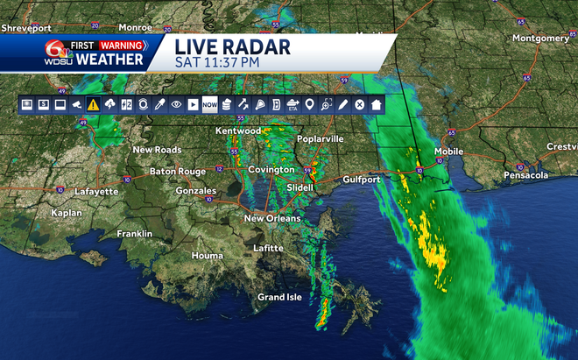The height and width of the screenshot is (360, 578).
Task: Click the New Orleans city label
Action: pos(271,218)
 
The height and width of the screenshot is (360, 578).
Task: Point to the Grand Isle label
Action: pos(279,297)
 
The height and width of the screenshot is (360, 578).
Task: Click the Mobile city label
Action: pos(449,151)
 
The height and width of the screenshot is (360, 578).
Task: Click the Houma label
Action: pos(208,256)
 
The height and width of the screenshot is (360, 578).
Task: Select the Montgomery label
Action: pos(540,39)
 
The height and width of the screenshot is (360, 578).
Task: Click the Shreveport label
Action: pos(25,28)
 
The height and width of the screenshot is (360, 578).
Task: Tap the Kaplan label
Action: pos(41,213)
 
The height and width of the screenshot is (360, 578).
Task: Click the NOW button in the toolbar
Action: pos(209,104)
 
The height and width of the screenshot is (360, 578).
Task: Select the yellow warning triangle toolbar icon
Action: pos(93,104)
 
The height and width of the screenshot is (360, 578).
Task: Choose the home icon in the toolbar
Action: pos(376,104)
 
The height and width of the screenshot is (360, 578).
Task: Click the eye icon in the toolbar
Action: pos(176,104)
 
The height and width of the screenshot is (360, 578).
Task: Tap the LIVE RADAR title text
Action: pos(231,46)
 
